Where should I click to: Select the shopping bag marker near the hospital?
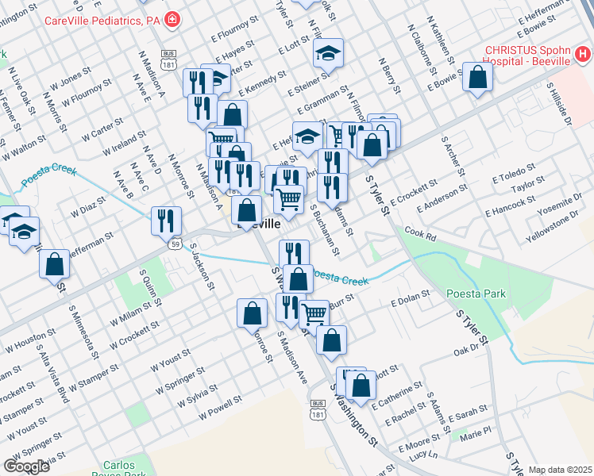pyautogui.click(x=477, y=78)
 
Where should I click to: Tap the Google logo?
pyautogui.click(x=26, y=466)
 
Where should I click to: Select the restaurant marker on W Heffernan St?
pyautogui.click(x=166, y=221)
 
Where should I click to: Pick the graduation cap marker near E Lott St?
pyautogui.click(x=327, y=53)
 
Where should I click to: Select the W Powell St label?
pyautogui.click(x=219, y=409)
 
